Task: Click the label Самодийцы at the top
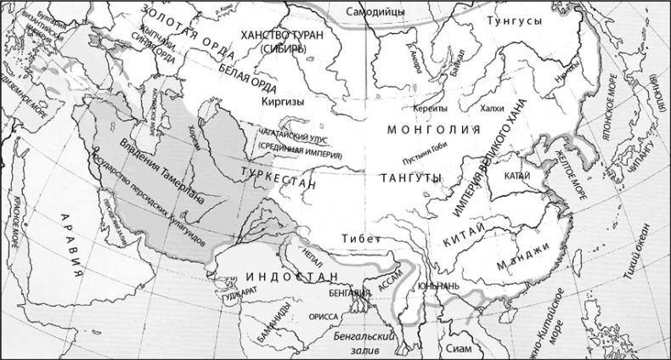[376, 11]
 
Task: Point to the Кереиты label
[430, 110]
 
